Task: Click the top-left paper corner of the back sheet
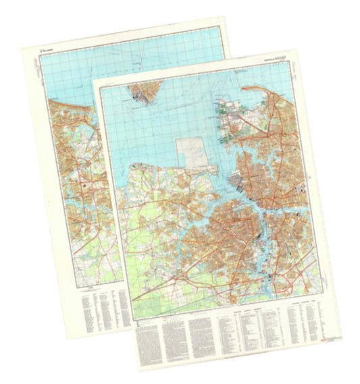coord(23,48)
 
